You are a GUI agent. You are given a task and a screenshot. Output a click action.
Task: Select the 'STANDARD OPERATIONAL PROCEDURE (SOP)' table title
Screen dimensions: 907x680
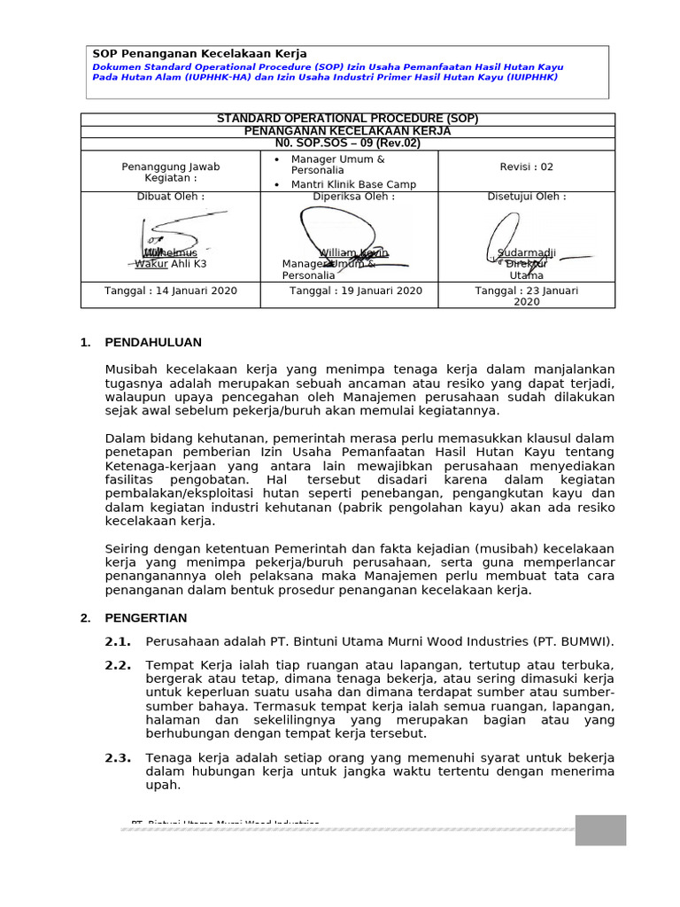(348, 119)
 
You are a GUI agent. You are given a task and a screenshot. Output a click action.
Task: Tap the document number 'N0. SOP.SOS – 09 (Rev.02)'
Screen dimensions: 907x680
(348, 143)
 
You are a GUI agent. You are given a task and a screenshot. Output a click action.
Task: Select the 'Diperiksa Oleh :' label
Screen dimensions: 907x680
(348, 197)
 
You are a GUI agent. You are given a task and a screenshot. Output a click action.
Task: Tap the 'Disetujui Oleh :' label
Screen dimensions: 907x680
(526, 197)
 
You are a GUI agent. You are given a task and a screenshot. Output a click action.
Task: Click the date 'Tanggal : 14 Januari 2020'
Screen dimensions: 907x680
(170, 291)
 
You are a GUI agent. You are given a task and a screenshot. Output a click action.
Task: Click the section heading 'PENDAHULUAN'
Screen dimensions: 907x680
(153, 342)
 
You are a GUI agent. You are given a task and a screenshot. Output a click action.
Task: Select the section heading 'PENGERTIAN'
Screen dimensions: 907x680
(146, 618)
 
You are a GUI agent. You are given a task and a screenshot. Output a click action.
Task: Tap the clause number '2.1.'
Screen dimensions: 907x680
(119, 641)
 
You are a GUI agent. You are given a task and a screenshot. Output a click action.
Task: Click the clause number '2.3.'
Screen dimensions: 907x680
(119, 758)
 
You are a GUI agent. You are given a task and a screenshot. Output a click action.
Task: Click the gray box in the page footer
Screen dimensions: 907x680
(600, 830)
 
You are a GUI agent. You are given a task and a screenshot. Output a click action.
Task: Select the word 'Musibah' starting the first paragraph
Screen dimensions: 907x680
(129, 368)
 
